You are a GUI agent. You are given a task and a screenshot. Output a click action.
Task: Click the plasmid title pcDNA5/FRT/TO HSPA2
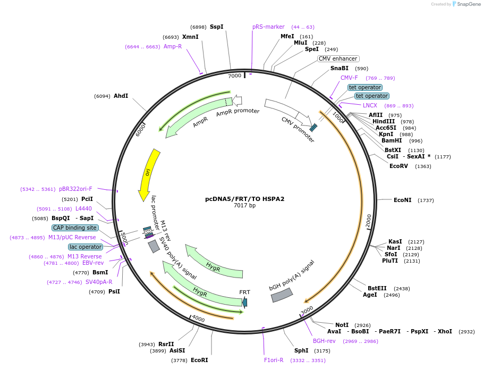coord(244,199)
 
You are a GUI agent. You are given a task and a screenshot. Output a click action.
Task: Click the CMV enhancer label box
coord(338,58)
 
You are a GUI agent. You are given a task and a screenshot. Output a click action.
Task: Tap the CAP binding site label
coord(75,228)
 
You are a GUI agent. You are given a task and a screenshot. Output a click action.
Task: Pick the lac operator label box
coord(85,247)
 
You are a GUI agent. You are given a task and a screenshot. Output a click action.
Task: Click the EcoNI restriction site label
coord(402,200)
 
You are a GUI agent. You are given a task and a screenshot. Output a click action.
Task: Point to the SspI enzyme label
coord(216,27)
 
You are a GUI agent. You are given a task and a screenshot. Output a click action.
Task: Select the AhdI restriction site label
coord(121,96)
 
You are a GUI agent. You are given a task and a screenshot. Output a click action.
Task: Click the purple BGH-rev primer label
coord(324,341)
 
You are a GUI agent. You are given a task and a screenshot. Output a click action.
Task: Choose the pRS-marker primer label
coord(268,27)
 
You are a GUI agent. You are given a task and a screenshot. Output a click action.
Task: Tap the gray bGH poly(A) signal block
coord(282,295)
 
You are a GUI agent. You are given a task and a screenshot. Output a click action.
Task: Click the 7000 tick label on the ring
coord(234,76)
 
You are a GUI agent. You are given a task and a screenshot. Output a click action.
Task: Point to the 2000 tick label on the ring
coord(369,221)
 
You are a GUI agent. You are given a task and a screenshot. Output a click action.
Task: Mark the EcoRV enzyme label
coord(399,166)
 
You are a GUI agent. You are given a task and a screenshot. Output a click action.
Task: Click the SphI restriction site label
coord(301,350)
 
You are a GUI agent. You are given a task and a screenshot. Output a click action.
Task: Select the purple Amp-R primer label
coord(173,46)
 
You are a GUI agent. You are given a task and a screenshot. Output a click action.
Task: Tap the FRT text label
coord(244,292)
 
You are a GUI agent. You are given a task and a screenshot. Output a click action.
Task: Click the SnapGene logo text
coord(469,4)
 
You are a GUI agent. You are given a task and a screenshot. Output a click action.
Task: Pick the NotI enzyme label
coord(342,324)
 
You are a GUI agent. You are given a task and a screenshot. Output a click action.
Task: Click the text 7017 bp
coord(244,205)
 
